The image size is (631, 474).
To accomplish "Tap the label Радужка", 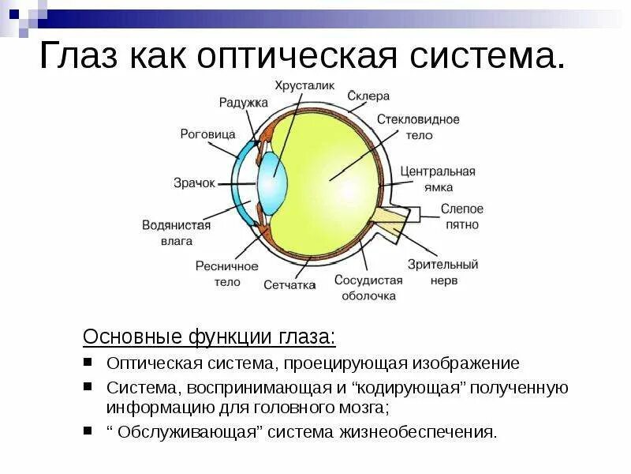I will click(244, 103).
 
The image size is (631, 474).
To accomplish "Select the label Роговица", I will click(207, 134).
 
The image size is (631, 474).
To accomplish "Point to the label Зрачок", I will click(194, 182).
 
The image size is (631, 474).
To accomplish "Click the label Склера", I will click(368, 96).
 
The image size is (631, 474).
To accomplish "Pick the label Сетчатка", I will click(289, 284).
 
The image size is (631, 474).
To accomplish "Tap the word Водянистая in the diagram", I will click(177, 225).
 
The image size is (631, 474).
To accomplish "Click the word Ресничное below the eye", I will click(227, 266).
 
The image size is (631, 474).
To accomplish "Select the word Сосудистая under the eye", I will click(368, 280).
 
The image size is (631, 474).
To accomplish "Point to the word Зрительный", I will click(443, 265).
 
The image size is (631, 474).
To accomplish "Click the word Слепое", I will click(461, 209).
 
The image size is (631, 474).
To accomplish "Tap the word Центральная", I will click(438, 171).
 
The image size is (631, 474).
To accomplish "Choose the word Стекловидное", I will click(418, 119).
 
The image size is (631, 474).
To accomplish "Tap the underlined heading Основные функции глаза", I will click(209, 337).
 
